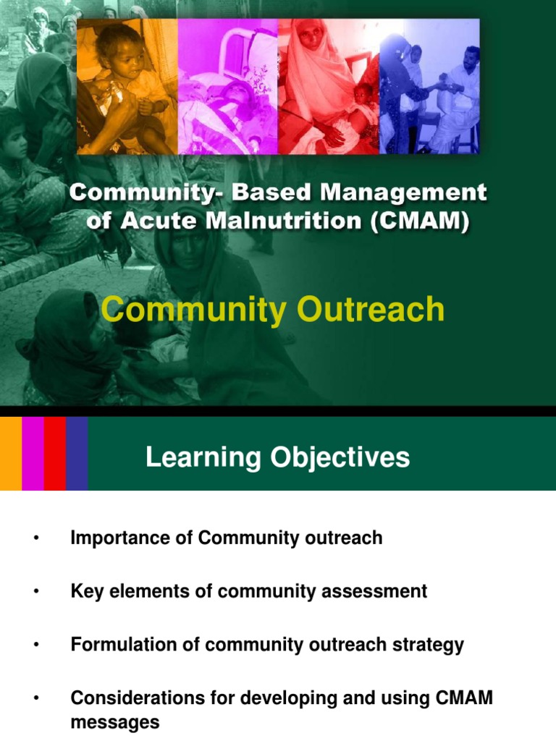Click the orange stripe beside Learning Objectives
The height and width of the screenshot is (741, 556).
tap(11, 454)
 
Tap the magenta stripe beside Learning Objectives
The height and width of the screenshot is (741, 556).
tap(33, 454)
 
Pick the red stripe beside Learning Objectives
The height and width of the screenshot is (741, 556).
tap(55, 454)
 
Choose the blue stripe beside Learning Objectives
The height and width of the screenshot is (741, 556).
tap(77, 454)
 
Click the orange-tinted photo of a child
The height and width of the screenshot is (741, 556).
tap(127, 86)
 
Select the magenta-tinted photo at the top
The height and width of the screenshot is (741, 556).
tap(228, 86)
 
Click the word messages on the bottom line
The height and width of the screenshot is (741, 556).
tap(115, 722)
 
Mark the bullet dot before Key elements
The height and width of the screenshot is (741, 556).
tap(34, 592)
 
